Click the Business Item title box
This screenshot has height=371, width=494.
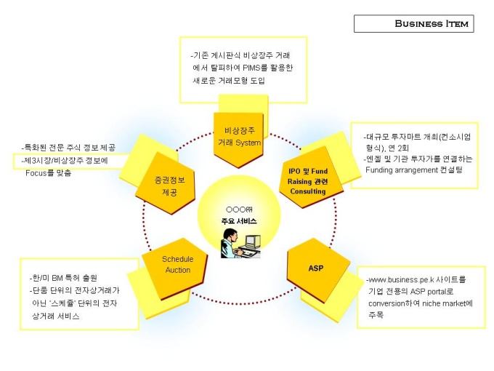tap(413, 23)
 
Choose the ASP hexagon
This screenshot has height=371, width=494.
tap(316, 268)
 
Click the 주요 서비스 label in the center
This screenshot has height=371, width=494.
tap(239, 220)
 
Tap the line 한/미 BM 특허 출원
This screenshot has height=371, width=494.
tap(64, 278)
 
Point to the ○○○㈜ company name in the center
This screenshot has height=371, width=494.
tap(239, 209)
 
